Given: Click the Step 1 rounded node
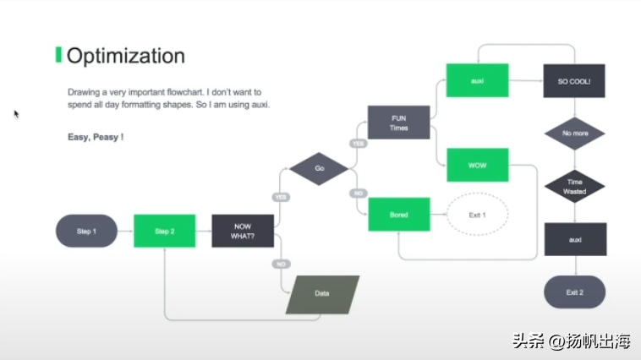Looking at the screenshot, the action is (86, 231).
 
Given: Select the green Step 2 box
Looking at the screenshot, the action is (164, 231).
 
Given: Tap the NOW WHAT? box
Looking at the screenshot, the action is (243, 231).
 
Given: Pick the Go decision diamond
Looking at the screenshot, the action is (319, 168).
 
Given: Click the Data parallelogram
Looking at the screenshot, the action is (322, 294).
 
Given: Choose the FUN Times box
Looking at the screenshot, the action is (398, 123).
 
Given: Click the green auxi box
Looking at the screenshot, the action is (478, 80).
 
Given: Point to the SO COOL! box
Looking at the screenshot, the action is (574, 81).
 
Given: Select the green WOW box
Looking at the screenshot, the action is (478, 165).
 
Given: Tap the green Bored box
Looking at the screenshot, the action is (399, 215).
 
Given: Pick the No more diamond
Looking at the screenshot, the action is (575, 134).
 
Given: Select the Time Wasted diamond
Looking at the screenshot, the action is (575, 186).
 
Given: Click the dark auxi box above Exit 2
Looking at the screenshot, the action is (575, 239).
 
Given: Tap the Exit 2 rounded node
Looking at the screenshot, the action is (575, 292).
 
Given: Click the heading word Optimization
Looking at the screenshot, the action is (126, 56).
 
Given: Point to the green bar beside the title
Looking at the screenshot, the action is (58, 55).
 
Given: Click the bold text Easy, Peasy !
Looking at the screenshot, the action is (96, 137).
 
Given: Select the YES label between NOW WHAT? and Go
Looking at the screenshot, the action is (281, 198).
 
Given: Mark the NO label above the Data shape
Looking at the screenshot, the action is (282, 265).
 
